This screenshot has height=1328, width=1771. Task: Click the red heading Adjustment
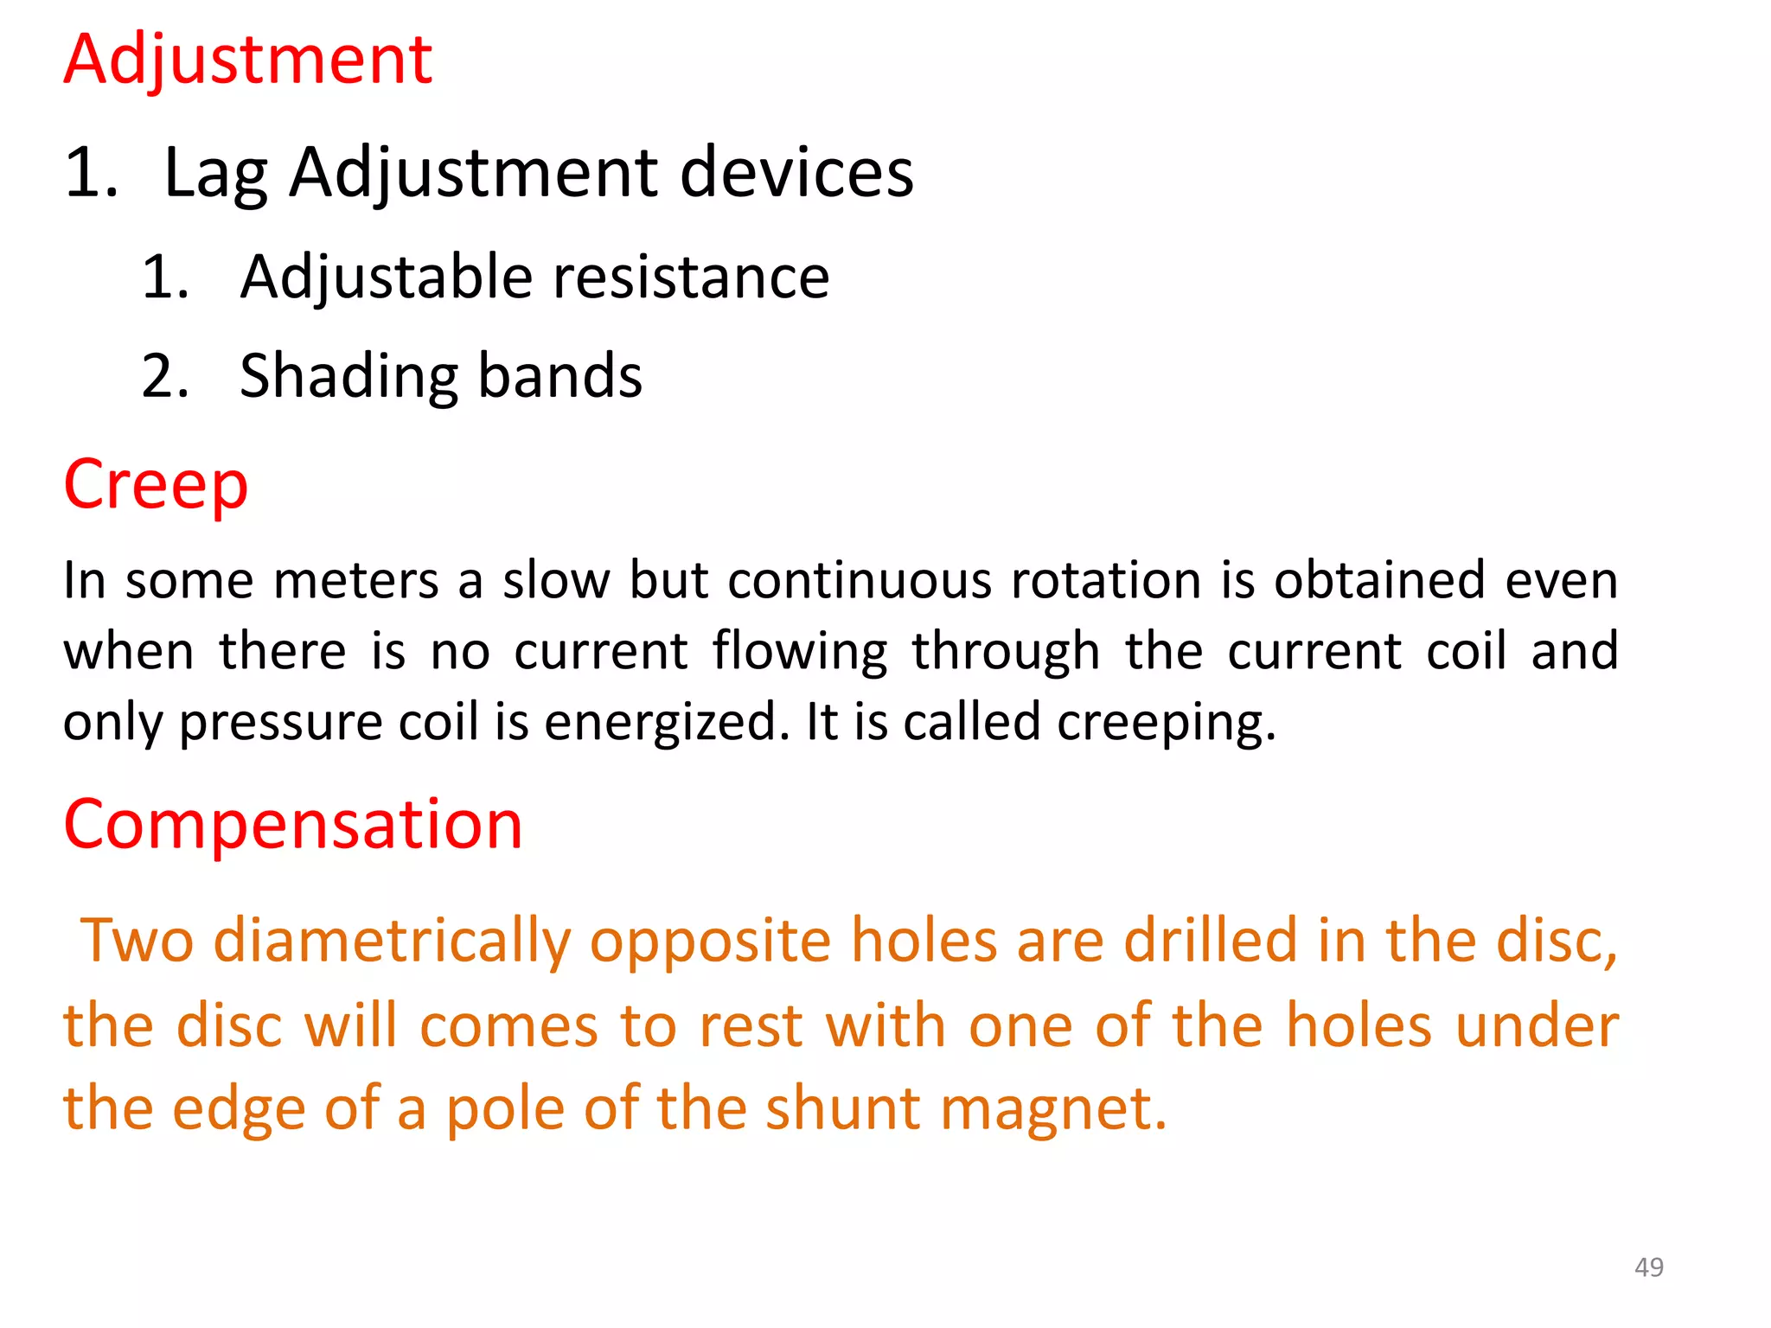pos(247,61)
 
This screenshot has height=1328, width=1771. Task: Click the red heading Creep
pos(156,484)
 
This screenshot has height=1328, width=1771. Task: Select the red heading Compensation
pos(293,824)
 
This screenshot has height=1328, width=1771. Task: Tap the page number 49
pos(1648,1267)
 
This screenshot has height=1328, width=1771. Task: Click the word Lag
pos(215,174)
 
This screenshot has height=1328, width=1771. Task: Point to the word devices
pos(796,172)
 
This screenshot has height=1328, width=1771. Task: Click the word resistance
pos(691,278)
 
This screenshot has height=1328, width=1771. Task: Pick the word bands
pos(559,376)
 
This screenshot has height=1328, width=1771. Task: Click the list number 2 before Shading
pos(165,377)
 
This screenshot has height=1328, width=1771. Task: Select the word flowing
pos(800,652)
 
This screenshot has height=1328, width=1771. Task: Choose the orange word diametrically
pos(392,941)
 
